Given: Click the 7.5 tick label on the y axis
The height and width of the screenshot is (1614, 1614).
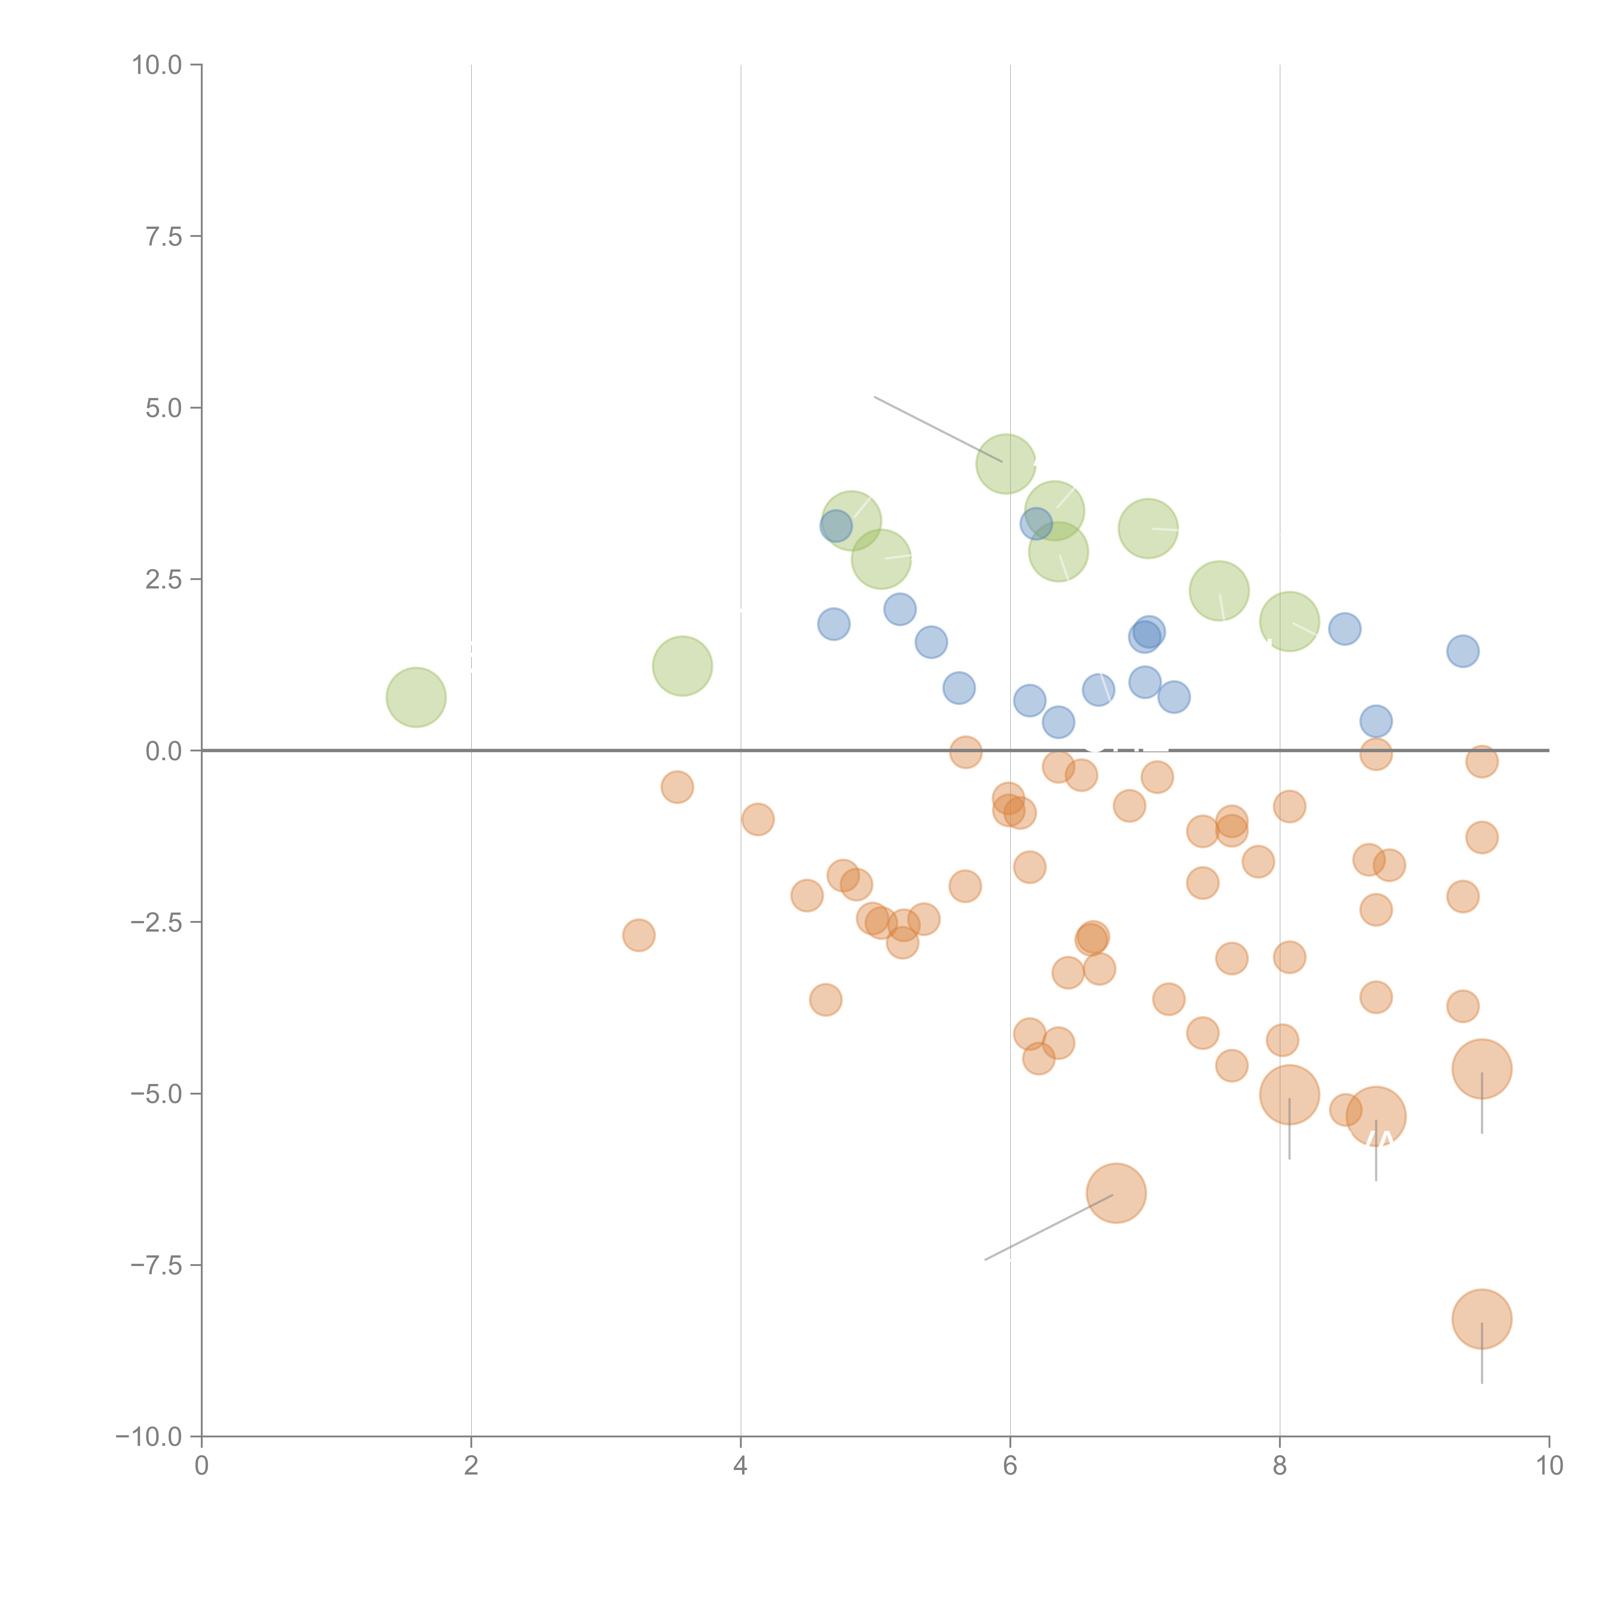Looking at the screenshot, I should click(x=163, y=236).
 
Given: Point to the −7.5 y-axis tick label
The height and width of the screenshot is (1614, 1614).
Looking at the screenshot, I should click(x=156, y=1265).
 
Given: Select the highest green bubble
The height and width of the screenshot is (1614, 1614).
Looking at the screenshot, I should click(x=1006, y=464).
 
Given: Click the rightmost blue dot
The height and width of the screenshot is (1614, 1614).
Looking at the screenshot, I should click(x=1462, y=651).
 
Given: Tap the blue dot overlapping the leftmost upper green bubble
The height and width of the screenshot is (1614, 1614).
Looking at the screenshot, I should click(x=835, y=526).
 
